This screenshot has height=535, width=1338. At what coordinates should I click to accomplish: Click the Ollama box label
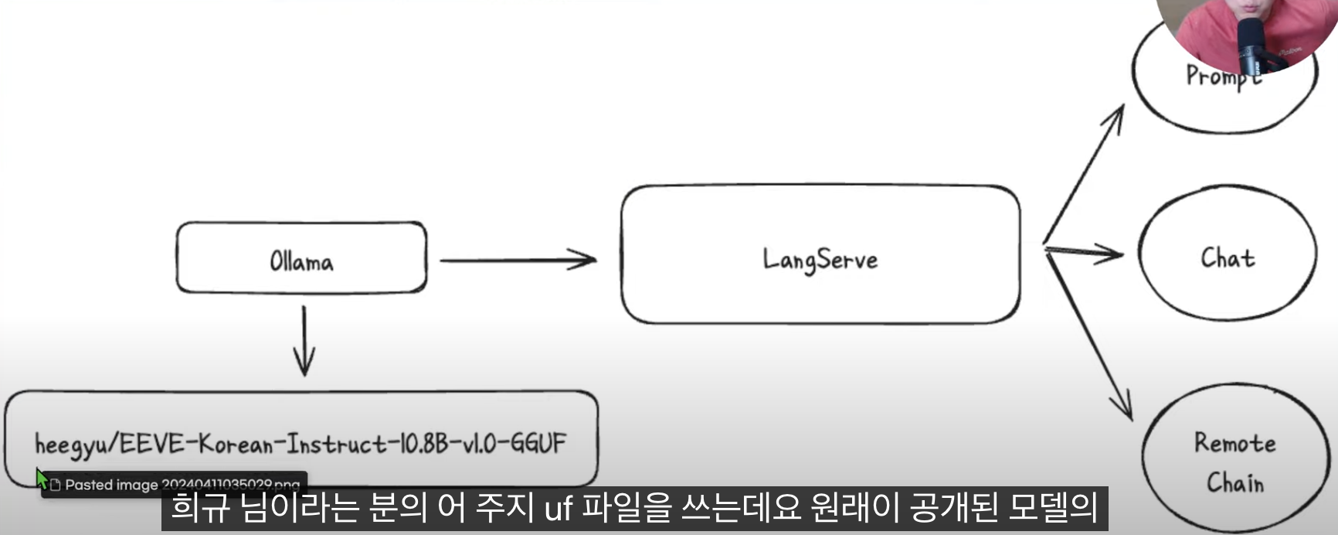(x=301, y=261)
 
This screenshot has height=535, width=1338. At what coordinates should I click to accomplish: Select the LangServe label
(x=820, y=260)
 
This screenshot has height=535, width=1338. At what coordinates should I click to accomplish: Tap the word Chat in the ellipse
(x=1227, y=257)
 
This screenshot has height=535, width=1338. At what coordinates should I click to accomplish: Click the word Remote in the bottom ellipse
(x=1234, y=443)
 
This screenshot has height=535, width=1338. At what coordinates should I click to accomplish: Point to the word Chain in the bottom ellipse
(x=1234, y=482)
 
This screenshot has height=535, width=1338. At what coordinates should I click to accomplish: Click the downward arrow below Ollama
(x=304, y=340)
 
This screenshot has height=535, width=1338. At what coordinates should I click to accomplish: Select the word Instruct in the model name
(x=336, y=444)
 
